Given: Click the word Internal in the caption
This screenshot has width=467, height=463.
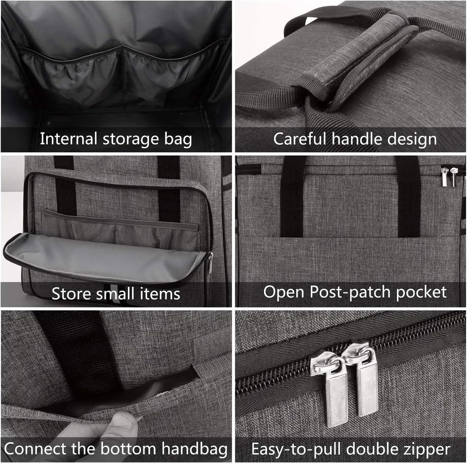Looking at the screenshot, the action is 69,139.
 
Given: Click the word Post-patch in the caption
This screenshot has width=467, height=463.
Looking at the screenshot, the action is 350,292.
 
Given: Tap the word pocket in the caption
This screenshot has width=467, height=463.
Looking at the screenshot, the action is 421,292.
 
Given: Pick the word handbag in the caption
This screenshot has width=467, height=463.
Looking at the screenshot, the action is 194,449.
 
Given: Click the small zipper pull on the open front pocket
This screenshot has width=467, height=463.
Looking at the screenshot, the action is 210,262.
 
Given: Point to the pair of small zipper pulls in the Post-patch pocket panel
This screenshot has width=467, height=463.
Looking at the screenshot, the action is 449,176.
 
